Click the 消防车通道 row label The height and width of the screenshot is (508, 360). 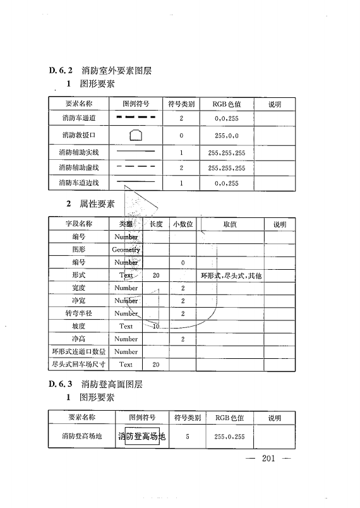tap(79, 118)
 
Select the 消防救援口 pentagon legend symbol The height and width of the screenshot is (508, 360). tap(135, 135)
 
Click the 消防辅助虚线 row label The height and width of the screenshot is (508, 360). tap(79, 167)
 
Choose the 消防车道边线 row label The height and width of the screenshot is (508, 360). tap(79, 183)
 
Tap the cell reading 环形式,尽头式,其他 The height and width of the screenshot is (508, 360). tap(231, 275)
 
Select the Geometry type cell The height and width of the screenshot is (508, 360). tap(126, 250)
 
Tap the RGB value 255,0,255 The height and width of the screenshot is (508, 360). tap(229, 437)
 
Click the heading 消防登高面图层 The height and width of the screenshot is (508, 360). tap(112, 384)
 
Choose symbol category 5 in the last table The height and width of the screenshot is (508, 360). tap(188, 437)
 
